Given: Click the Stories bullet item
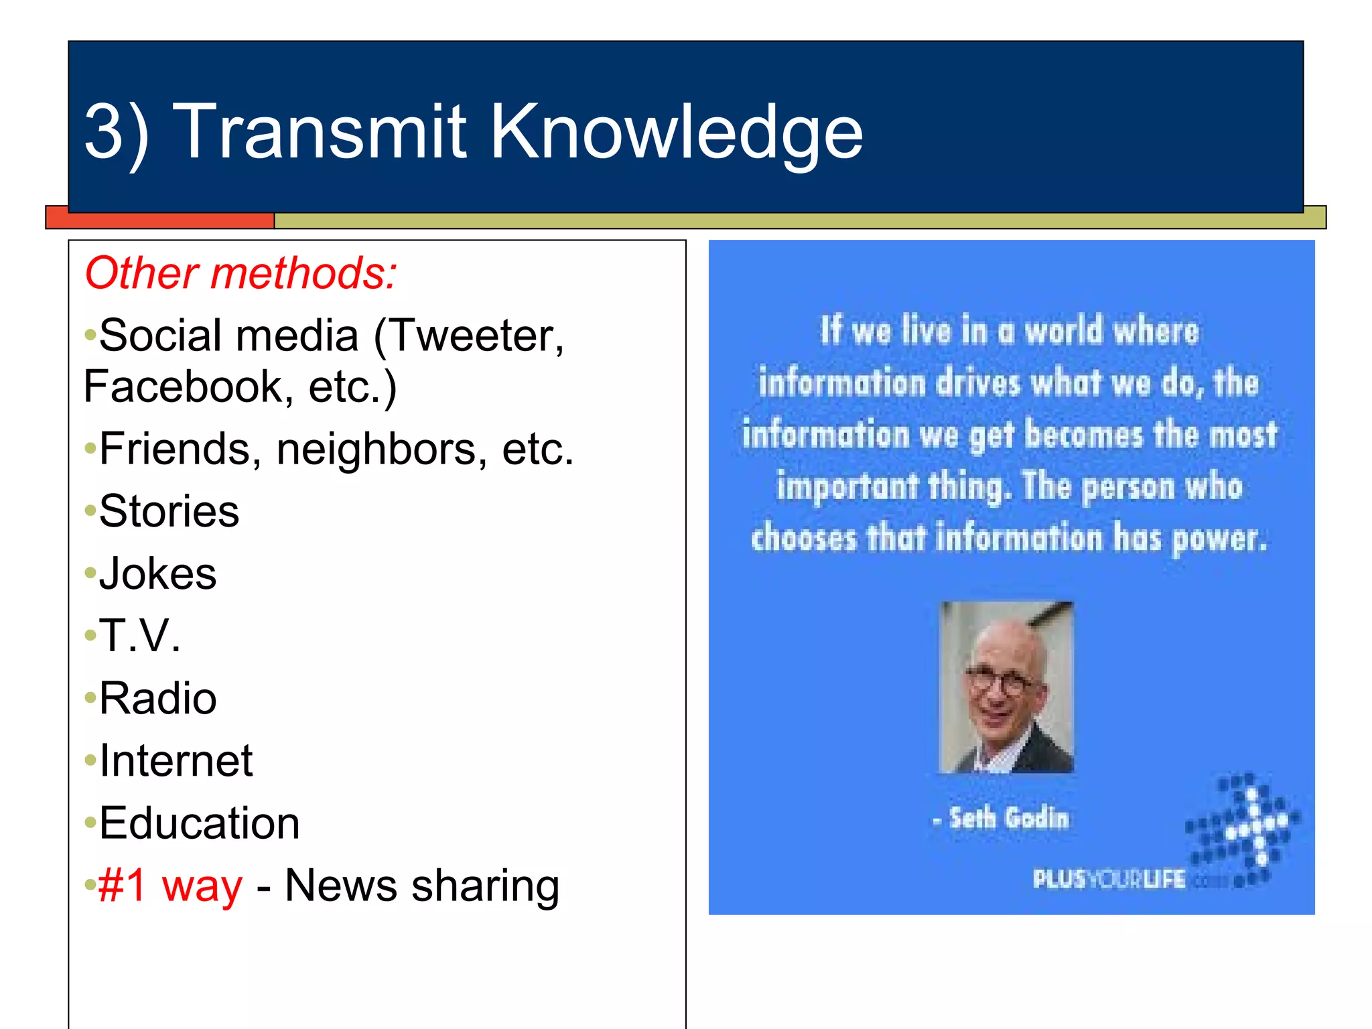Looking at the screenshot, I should [x=169, y=511].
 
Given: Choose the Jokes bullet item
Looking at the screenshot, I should [x=157, y=574].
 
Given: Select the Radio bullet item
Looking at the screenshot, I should [x=157, y=699].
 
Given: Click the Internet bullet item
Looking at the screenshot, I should [x=176, y=761].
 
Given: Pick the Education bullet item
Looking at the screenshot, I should [x=199, y=823].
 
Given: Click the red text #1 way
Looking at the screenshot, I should [x=170, y=886].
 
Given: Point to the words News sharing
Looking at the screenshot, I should [x=422, y=886].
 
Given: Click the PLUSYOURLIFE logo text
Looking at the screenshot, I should [x=1109, y=879].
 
